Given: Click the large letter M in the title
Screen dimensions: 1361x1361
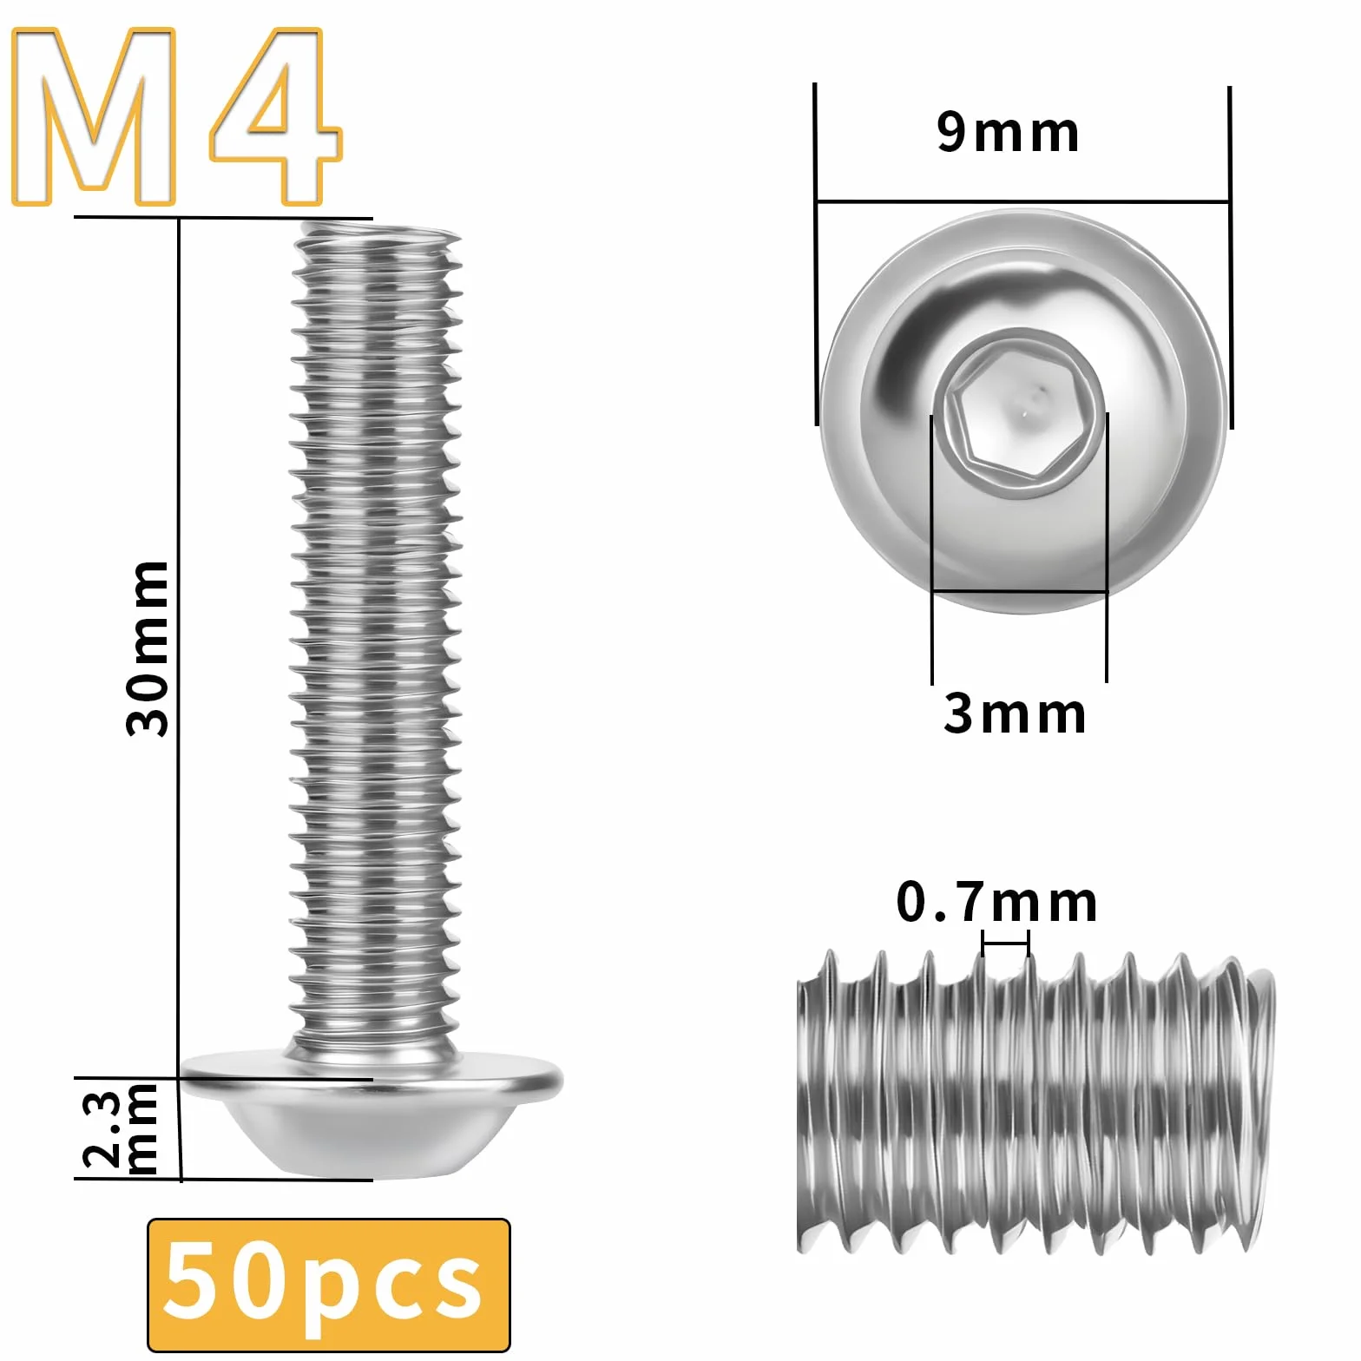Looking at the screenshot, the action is click(x=94, y=117).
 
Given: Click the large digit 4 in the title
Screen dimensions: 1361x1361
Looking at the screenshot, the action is click(x=276, y=117).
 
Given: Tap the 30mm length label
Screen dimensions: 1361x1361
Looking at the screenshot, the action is click(x=148, y=648).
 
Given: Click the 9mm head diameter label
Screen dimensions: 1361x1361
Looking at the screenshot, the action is click(x=1008, y=133).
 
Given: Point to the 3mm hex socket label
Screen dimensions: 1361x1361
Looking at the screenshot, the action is click(x=1014, y=713).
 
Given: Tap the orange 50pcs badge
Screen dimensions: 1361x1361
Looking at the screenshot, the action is click(x=329, y=1285).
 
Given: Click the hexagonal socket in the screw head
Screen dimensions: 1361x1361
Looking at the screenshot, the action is click(x=1017, y=415).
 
